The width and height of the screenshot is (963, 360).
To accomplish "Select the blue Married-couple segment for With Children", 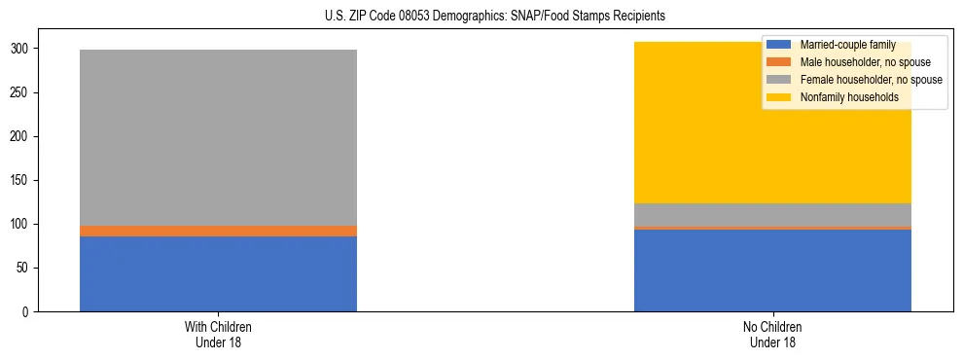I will pos(218,273).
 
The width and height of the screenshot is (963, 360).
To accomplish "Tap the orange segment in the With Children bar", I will pos(218,231).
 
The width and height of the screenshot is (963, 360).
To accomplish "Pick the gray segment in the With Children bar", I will pos(218,137).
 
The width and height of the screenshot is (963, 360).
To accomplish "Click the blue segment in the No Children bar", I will pos(772,270).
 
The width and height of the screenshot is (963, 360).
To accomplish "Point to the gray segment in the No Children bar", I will pos(772,215).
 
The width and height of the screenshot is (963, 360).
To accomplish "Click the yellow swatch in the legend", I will pos(779,97).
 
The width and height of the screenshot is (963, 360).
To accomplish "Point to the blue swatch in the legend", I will pos(779,45).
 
